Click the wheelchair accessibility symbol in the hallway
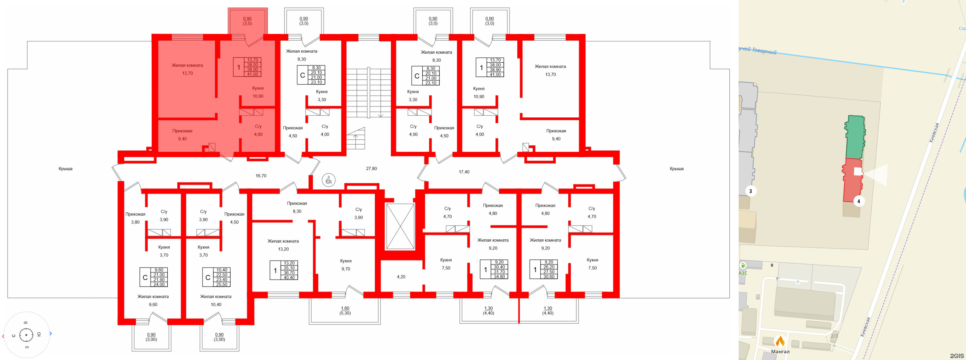coord(328,180)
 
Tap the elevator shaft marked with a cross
coord(400,226)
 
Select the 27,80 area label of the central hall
coord(371,169)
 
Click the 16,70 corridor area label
coord(261,176)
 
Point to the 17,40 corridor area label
coord(464,172)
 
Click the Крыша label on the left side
coord(65,169)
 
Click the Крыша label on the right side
coord(676,169)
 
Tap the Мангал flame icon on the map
coord(780,342)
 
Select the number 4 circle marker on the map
coord(858,201)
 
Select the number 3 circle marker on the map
coord(750,191)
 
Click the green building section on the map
coord(855,137)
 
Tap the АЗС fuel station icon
coord(743,265)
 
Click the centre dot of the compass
coord(26,335)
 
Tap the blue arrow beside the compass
coord(51,334)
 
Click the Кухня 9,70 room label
coord(345,265)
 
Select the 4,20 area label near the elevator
coord(401,277)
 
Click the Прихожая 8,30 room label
coord(297,207)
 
